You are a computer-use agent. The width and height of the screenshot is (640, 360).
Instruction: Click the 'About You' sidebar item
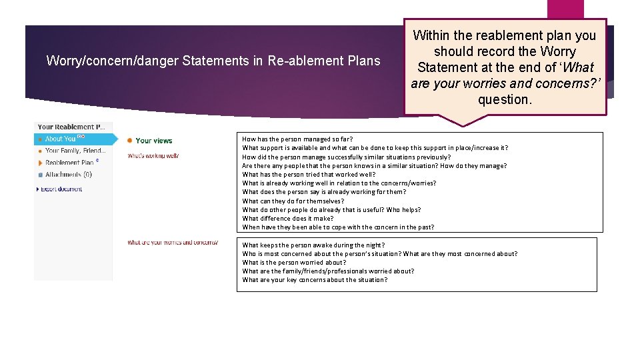coord(61,139)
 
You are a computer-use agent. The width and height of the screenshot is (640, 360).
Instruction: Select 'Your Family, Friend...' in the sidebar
coord(75,151)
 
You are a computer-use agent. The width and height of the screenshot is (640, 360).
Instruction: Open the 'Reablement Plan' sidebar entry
coord(70,163)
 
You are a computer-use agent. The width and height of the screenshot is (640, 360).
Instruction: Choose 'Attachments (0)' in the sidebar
coord(69,175)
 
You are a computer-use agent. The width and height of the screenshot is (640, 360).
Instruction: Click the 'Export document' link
coord(61,189)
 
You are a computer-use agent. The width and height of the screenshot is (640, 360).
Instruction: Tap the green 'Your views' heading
coord(154,141)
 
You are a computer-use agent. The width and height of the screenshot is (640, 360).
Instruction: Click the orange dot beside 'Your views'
coord(129,140)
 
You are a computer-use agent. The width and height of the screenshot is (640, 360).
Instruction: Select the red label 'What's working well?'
coord(153,156)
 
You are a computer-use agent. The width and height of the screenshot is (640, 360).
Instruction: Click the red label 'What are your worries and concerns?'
coord(173,243)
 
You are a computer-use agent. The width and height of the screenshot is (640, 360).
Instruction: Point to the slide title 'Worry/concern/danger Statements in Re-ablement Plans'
coord(213,61)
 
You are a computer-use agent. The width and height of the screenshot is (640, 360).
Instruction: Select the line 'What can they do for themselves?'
coord(293,201)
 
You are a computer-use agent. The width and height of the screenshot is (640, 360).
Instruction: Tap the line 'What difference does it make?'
coord(288,218)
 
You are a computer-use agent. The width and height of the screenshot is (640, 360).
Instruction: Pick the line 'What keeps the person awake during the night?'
coord(313,245)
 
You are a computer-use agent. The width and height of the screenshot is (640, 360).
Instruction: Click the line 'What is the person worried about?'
coord(294,263)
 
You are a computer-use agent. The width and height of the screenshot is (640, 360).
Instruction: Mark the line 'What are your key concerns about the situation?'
coord(315,280)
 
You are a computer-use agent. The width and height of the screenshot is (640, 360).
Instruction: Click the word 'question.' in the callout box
coord(505,99)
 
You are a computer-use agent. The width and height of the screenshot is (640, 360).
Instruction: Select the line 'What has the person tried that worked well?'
coord(309,175)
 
